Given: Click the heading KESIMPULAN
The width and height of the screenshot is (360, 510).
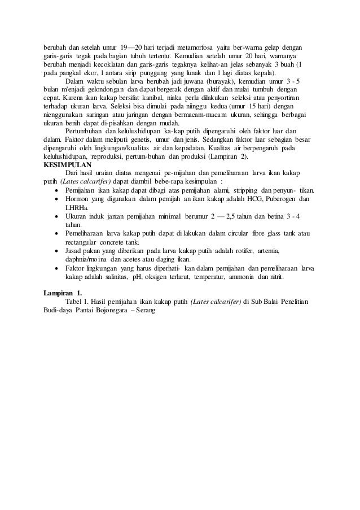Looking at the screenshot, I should (67, 165).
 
